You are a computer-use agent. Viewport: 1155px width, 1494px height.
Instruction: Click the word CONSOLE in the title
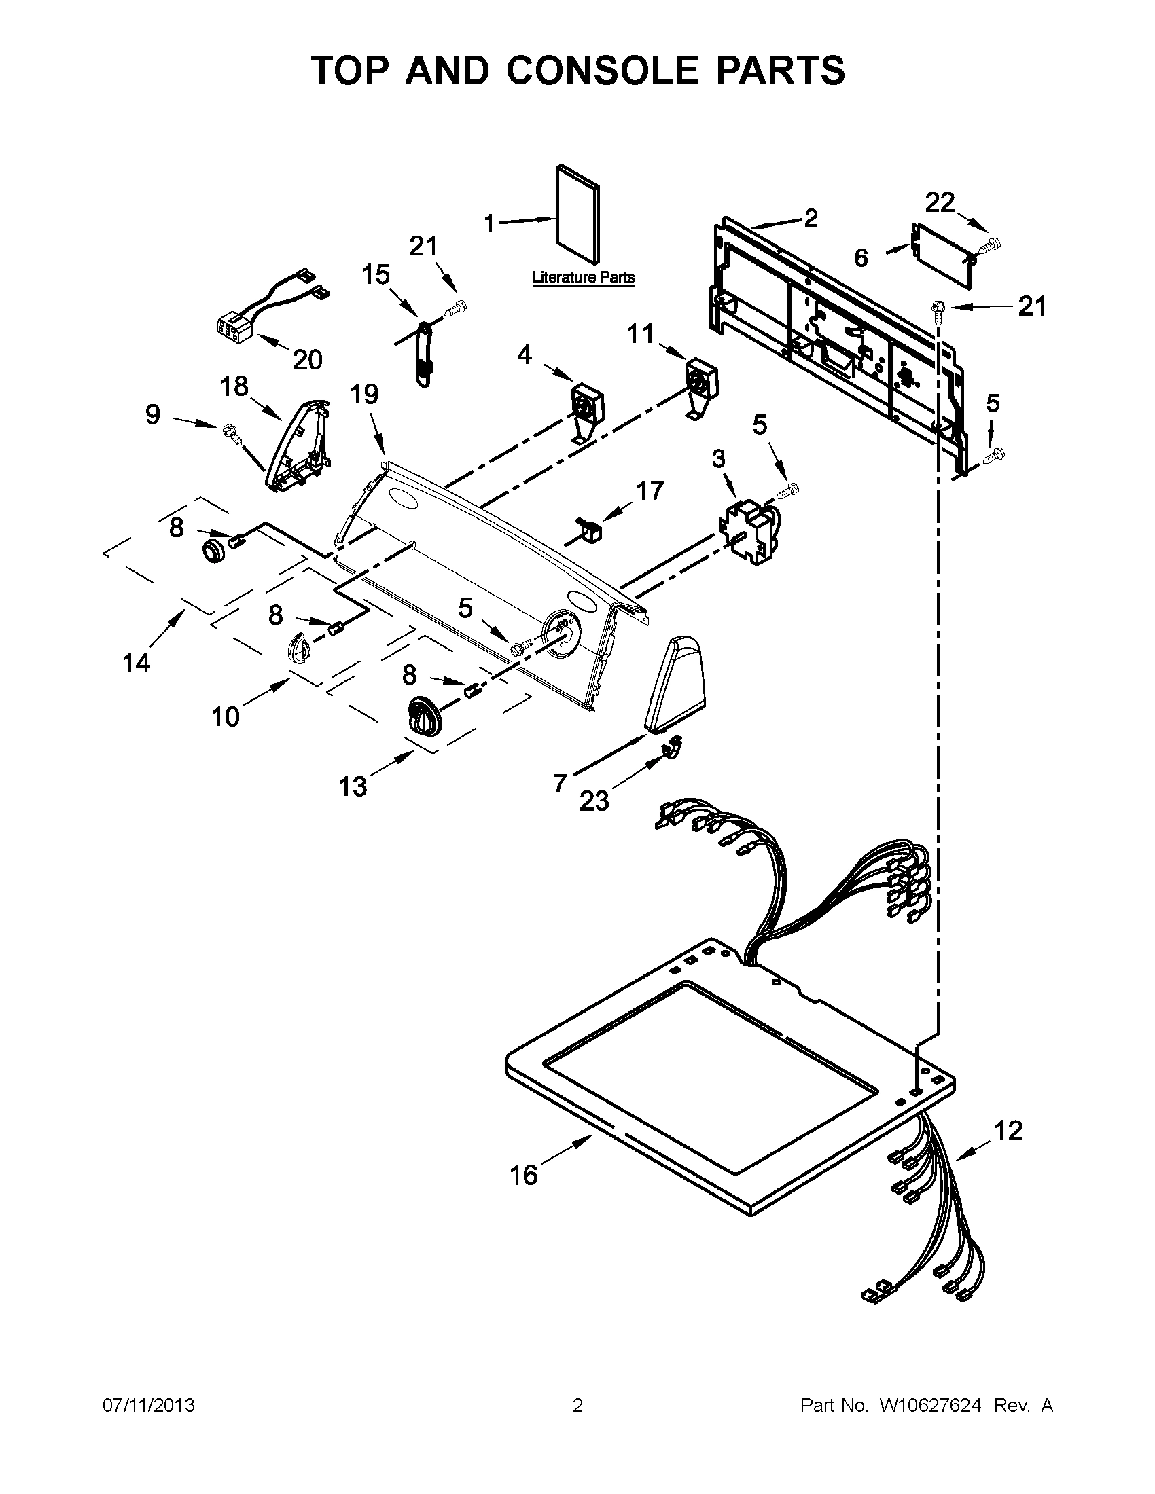[x=603, y=71]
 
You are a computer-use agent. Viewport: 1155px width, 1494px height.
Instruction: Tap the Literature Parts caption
[x=583, y=278]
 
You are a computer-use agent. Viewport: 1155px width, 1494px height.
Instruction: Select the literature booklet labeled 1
[x=579, y=214]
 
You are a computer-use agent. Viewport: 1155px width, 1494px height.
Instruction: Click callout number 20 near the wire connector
[x=307, y=360]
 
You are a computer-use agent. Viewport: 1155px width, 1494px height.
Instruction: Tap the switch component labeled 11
[x=702, y=380]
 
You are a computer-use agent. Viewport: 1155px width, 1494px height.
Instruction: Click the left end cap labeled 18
[x=298, y=446]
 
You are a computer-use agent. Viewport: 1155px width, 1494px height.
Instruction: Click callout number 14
[x=136, y=662]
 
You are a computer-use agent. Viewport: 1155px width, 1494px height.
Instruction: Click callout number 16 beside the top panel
[x=524, y=1176]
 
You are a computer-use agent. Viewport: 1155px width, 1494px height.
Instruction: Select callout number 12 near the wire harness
[x=1008, y=1131]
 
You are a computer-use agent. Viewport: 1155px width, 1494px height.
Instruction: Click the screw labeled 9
[x=230, y=434]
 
